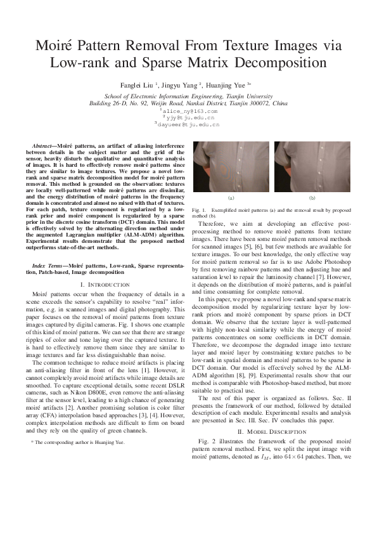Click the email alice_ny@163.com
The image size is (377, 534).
pos(191,111)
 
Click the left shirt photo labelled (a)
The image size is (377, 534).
pos(230,167)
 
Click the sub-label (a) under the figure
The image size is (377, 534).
pos(230,199)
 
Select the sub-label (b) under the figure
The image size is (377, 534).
pos(311,199)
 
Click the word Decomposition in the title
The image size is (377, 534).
pos(269,63)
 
